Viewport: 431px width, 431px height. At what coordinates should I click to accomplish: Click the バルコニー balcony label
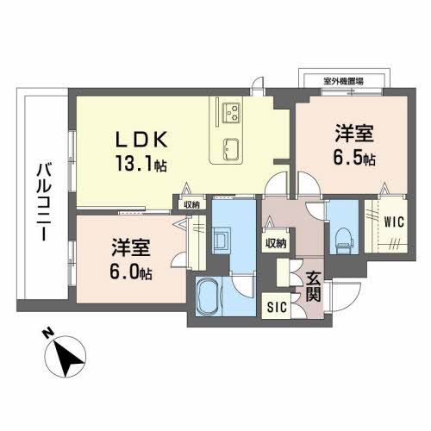42,198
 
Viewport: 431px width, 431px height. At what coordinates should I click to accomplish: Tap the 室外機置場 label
342,80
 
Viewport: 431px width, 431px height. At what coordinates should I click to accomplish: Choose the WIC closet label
394,220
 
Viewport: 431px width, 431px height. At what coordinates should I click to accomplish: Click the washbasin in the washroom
221,237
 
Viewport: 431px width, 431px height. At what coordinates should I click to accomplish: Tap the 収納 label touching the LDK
191,203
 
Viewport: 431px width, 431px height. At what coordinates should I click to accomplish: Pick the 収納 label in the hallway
276,243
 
